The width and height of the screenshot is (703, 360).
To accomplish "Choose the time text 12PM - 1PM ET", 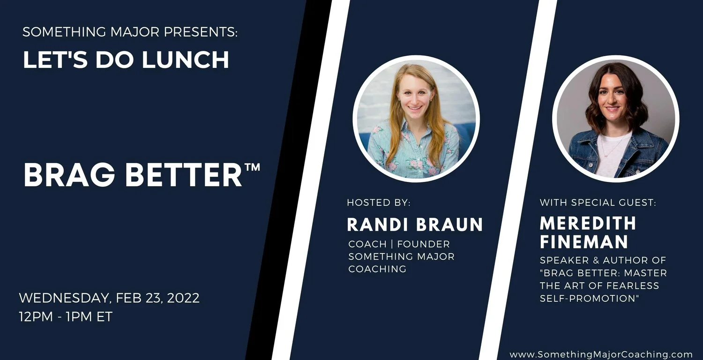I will [x=66, y=317].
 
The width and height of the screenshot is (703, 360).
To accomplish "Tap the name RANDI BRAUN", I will [x=415, y=225].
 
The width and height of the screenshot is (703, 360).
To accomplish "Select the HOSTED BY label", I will [x=379, y=202].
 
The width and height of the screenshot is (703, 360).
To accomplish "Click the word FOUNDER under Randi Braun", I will [x=423, y=244].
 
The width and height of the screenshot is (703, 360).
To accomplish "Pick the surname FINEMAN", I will [x=584, y=242].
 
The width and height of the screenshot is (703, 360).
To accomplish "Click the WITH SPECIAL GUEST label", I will [x=598, y=202].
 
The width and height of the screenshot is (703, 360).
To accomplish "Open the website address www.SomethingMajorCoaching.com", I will [x=601, y=354].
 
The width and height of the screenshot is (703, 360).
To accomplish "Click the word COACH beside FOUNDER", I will [x=367, y=244].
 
